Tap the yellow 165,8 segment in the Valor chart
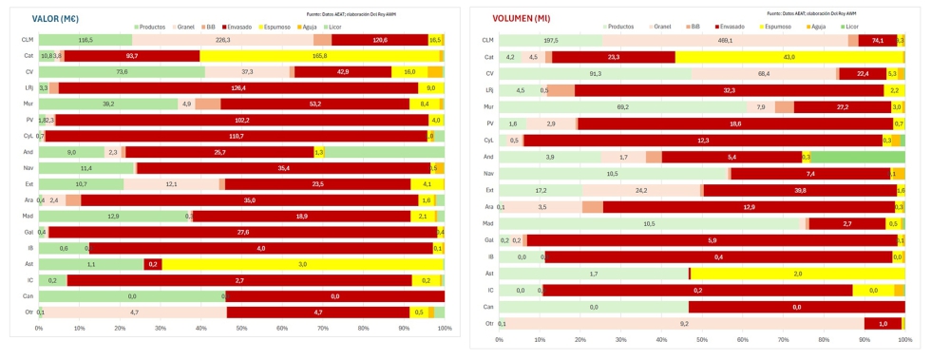319,56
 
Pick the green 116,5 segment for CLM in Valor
85,40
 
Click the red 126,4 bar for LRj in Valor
238,87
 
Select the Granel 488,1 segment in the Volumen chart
725,41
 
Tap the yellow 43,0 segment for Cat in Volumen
788,57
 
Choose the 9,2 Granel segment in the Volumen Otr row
683,323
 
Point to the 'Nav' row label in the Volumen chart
488,174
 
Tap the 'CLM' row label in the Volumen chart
488,41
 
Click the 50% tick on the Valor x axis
241,329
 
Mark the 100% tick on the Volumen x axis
904,338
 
